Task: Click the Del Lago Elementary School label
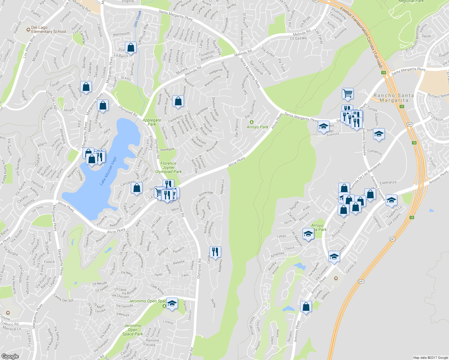48,29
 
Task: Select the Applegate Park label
152,122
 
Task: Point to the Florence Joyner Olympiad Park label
168,167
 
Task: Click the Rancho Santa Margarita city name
394,98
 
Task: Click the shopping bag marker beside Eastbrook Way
131,48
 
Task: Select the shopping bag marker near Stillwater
178,101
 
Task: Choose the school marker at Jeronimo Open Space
172,303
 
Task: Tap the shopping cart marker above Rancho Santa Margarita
348,93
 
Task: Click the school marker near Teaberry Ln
391,200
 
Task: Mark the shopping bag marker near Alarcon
86,87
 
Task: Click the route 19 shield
384,73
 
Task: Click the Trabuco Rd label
9,324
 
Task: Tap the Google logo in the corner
10,356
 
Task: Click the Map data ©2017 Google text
430,358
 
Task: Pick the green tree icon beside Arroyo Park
252,122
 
